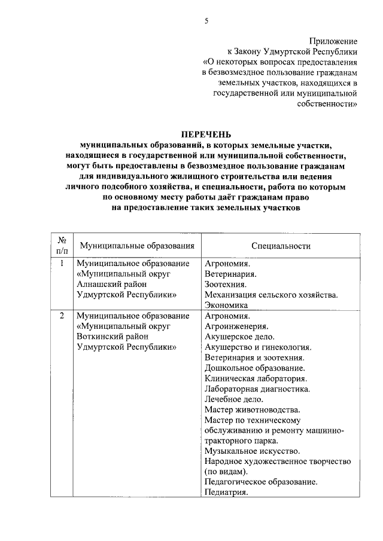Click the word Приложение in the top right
[x=333, y=41]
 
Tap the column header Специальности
[x=281, y=245]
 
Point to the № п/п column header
[x=61, y=245]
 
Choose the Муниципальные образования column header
[x=137, y=245]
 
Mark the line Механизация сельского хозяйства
[x=271, y=294]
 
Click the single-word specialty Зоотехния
[x=225, y=284]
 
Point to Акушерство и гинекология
[x=258, y=347]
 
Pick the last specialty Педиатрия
[x=226, y=492]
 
